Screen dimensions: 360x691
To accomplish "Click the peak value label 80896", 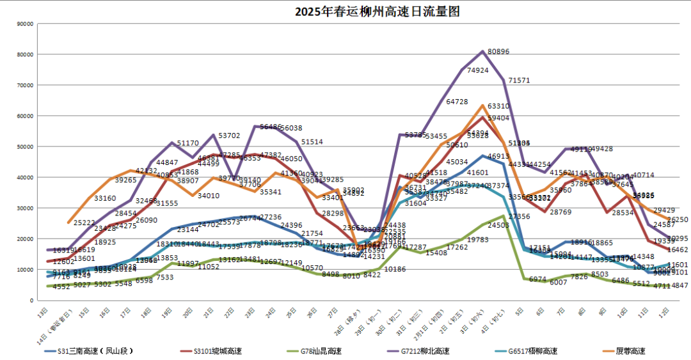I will point(498,52).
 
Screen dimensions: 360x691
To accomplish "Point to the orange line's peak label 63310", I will point(498,107).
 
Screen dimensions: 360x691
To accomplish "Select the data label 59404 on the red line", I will point(498,118).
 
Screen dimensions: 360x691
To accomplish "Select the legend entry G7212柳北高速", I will point(425,351).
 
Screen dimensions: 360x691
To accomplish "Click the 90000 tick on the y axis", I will point(25,24).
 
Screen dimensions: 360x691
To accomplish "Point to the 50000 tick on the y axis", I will point(25,147).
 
